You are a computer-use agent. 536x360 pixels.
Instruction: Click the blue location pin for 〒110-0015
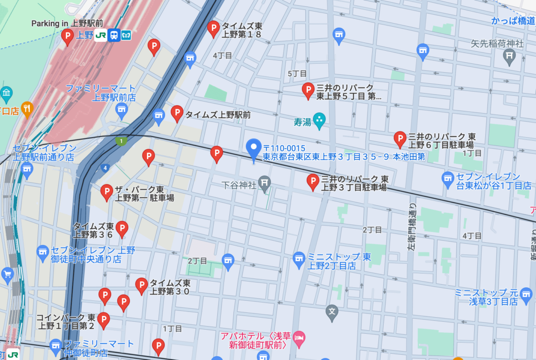[x=254, y=149]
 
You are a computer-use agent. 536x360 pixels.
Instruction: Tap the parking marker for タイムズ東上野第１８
[x=213, y=28]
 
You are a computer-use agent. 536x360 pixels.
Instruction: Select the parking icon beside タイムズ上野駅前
[x=177, y=113]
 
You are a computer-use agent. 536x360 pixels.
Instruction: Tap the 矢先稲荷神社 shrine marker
[x=509, y=56]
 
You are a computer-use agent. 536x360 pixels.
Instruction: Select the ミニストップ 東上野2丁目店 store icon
[x=299, y=258]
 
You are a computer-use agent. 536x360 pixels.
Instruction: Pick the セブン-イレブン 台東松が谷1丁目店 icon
[x=448, y=178]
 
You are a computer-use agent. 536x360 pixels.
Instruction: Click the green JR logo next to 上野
[x=100, y=35]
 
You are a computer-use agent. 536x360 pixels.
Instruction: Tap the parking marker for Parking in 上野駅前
[x=67, y=36]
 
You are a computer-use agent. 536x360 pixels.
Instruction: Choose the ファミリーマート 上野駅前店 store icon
[x=122, y=109]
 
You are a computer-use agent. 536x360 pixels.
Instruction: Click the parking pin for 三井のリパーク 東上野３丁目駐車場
[x=312, y=181]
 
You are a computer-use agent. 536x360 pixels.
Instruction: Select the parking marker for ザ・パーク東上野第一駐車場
[x=107, y=192]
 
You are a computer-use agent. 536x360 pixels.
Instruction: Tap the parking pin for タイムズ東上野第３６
[x=121, y=228]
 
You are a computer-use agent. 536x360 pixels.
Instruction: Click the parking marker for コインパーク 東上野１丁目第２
[x=104, y=320]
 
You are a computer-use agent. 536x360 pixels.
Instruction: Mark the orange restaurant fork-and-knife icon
[x=27, y=108]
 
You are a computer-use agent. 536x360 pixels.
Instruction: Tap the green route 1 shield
[x=121, y=141]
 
